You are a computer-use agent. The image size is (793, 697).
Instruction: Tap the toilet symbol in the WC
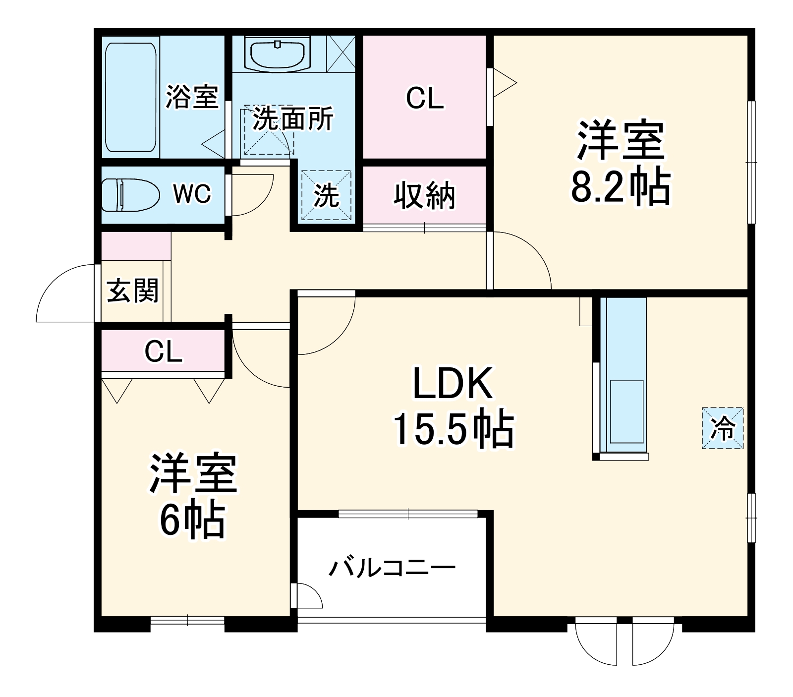point(130,195)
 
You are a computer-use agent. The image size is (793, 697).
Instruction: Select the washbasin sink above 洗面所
point(278,55)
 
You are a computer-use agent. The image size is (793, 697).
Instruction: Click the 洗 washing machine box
point(326,195)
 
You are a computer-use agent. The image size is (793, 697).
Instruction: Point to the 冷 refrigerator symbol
point(723,428)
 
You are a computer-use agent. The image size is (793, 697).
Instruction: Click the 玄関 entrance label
point(133,290)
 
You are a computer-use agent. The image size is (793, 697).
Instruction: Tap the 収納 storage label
point(424,196)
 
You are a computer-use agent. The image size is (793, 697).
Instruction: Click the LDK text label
point(453,384)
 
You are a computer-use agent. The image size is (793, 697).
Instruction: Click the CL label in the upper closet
point(424,98)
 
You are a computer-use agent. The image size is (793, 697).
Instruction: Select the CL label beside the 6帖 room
point(163,352)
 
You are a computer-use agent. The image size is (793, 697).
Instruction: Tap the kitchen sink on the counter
point(626,411)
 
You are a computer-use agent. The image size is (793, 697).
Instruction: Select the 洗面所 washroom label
point(293,119)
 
